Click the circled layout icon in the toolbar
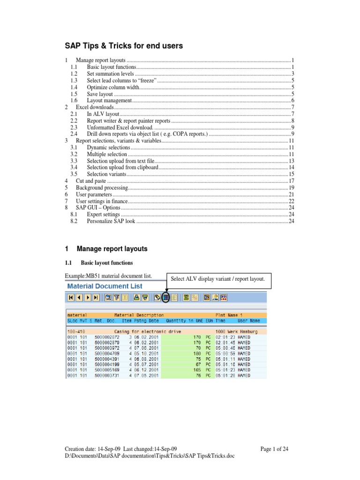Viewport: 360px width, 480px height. click(x=166, y=297)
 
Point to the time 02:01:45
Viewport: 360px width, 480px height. click(x=225, y=343)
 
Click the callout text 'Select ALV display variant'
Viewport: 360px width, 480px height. click(x=218, y=279)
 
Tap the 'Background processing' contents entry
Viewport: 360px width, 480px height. click(x=102, y=187)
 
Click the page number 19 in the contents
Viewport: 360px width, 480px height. click(x=291, y=187)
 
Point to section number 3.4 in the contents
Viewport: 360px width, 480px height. click(x=74, y=167)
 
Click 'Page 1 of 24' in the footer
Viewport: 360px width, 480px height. click(x=274, y=449)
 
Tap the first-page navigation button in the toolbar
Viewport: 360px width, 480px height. click(x=71, y=297)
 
